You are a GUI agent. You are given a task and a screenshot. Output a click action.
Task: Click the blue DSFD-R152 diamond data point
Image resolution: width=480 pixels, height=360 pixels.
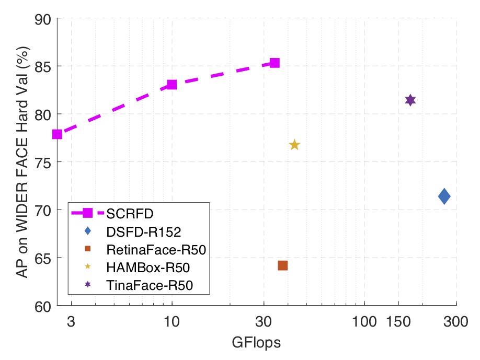point(444,196)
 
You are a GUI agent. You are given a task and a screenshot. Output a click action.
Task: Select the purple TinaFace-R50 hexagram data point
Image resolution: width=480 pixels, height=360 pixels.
point(410,100)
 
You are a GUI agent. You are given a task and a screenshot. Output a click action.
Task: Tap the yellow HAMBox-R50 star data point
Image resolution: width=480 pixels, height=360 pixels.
point(294,145)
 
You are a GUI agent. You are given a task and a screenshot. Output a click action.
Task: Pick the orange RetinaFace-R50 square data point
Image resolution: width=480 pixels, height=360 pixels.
point(283,265)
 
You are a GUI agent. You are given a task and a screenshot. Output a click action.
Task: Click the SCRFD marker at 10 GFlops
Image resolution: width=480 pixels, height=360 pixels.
point(172,85)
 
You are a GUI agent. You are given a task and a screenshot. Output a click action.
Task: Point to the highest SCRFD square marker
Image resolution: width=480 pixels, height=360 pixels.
point(275,63)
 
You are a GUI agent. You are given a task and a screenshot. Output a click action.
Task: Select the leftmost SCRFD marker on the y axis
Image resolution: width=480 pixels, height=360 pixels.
point(58,134)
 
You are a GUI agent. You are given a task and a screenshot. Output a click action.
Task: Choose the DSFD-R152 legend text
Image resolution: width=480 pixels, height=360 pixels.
point(140,230)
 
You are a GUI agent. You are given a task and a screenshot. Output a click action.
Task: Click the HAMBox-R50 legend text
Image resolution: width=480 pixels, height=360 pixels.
point(147,268)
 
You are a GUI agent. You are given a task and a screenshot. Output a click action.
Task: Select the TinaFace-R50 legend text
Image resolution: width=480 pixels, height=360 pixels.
point(150,285)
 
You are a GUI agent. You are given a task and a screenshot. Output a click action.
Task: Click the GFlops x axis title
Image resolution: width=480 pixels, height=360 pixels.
point(256,343)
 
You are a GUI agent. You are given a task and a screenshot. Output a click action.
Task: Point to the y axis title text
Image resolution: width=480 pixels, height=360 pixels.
point(22,162)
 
